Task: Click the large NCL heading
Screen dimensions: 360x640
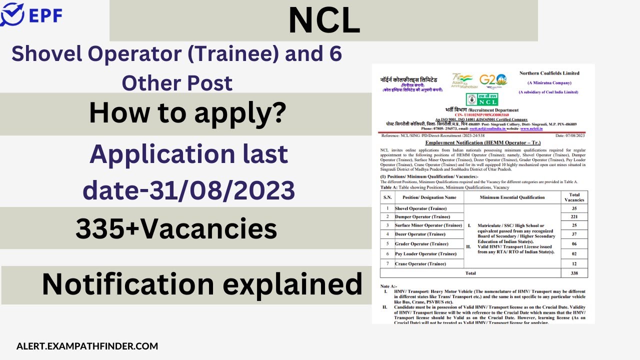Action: coord(324,21)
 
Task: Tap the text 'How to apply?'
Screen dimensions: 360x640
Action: coord(187,113)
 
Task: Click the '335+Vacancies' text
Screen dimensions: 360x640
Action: coord(176,229)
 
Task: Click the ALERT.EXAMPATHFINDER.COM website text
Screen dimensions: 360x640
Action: coord(87,346)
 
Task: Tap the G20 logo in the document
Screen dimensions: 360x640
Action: coord(492,80)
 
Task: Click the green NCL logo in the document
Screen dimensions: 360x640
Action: coord(482,99)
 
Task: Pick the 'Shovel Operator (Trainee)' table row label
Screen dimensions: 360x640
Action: coord(420,208)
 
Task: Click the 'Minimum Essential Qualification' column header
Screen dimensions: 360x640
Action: coord(512,197)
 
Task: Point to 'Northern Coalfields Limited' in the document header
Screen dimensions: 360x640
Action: coord(549,73)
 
